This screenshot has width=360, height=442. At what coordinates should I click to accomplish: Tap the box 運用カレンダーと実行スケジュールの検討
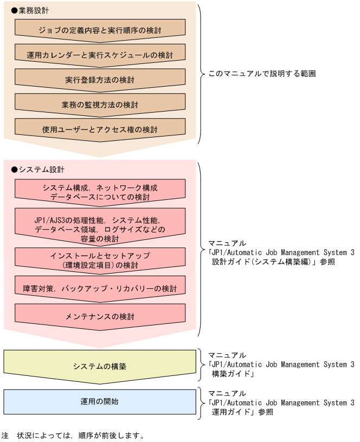tap(100, 55)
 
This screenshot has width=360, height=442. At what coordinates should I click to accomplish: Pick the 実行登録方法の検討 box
tap(100, 80)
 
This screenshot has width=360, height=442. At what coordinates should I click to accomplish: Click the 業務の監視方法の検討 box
tap(100, 105)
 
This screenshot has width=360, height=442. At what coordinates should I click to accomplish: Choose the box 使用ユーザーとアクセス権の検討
tap(100, 129)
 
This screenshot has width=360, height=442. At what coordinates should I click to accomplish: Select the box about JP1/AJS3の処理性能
tap(100, 225)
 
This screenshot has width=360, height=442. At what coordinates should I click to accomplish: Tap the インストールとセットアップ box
tap(100, 260)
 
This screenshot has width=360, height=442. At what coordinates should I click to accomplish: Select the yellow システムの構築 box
tap(100, 366)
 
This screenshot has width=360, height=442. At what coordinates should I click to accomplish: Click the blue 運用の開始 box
tap(100, 401)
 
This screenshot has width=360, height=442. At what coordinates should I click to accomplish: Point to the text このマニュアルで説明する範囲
tap(262, 73)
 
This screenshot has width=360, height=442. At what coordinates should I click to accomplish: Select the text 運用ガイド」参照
tap(242, 412)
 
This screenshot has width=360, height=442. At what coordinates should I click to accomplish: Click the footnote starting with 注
tap(73, 435)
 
